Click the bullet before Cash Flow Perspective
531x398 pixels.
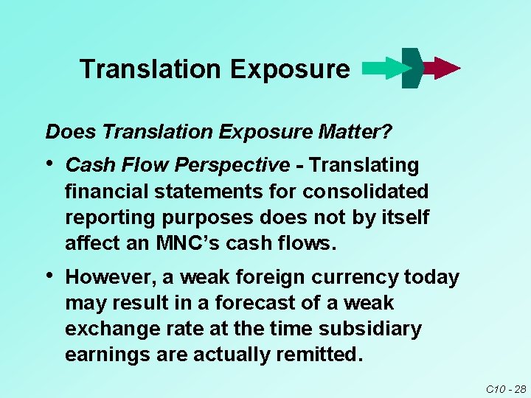pyautogui.click(x=49, y=164)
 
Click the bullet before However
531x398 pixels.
pyautogui.click(x=49, y=276)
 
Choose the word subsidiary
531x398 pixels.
pyautogui.click(x=376, y=329)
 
